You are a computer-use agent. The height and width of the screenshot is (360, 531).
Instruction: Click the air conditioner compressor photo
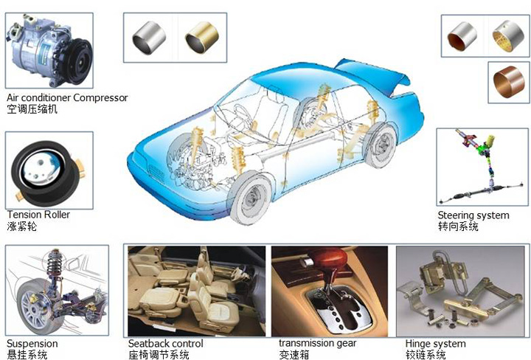49,47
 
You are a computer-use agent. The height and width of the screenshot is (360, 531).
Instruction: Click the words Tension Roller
38,215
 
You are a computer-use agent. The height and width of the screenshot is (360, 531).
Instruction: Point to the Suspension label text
32,344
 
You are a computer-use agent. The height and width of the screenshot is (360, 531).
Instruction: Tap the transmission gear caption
317,343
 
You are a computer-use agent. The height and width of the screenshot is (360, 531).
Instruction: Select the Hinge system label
435,344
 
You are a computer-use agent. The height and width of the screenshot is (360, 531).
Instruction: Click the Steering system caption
473,215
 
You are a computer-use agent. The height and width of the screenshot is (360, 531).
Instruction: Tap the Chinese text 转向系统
458,226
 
